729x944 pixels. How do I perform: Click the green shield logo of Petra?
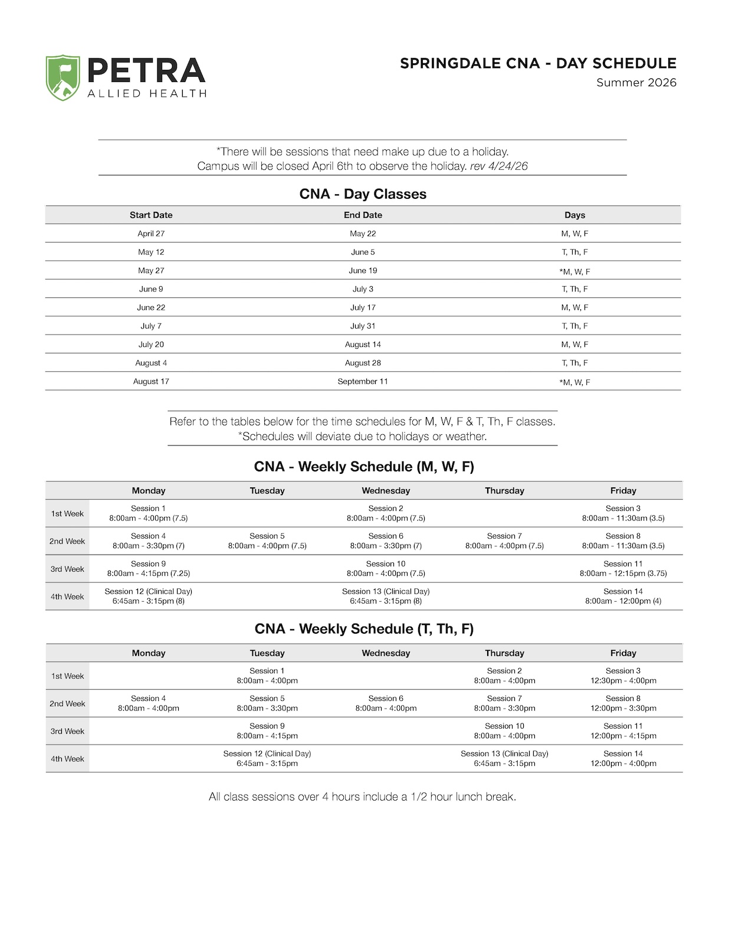[63, 78]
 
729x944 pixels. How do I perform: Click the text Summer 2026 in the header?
[636, 83]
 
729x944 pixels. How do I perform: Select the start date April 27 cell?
[151, 234]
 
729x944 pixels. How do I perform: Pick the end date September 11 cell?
[363, 382]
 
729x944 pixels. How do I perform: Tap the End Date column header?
[363, 215]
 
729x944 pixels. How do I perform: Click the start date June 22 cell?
[151, 307]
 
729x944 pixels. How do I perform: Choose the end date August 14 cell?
[363, 345]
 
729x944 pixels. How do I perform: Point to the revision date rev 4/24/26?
[498, 166]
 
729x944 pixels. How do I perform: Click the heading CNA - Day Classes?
[363, 194]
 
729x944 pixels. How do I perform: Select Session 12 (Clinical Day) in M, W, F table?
[149, 596]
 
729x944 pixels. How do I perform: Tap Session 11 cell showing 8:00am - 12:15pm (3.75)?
[623, 569]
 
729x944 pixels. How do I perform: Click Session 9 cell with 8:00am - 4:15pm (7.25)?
[149, 569]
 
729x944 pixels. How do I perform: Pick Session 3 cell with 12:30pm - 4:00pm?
[623, 676]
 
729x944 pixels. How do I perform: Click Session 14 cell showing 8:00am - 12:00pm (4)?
[623, 596]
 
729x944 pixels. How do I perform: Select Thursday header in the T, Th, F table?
[504, 653]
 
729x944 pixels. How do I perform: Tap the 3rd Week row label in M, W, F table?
[67, 569]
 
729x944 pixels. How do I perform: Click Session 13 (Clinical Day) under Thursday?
[504, 759]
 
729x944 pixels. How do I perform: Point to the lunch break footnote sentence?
[362, 797]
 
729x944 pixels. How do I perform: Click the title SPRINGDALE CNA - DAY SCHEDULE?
[538, 64]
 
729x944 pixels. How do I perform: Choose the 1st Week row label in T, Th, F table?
[67, 676]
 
